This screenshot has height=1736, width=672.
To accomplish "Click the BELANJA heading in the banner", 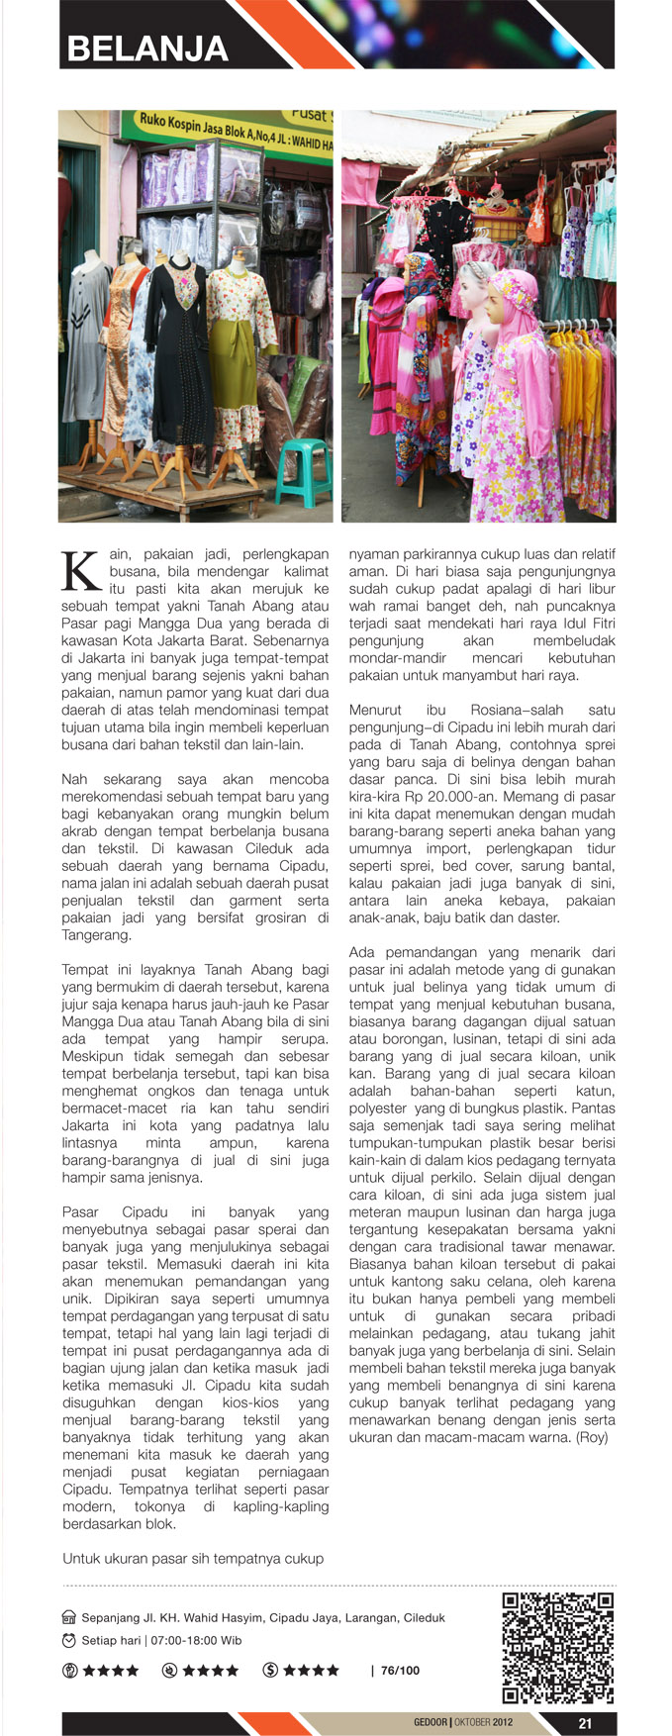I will (147, 48).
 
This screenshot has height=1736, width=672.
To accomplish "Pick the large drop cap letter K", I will (80, 571).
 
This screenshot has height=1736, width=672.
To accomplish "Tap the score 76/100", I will (400, 1670).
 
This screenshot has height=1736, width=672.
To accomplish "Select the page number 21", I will (584, 1723).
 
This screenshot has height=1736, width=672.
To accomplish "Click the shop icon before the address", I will (68, 1618).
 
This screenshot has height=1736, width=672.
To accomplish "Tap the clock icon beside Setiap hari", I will (68, 1640).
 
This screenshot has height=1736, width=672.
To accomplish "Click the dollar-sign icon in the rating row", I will (270, 1670).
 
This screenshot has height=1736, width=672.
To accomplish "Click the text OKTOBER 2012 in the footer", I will (484, 1723).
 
